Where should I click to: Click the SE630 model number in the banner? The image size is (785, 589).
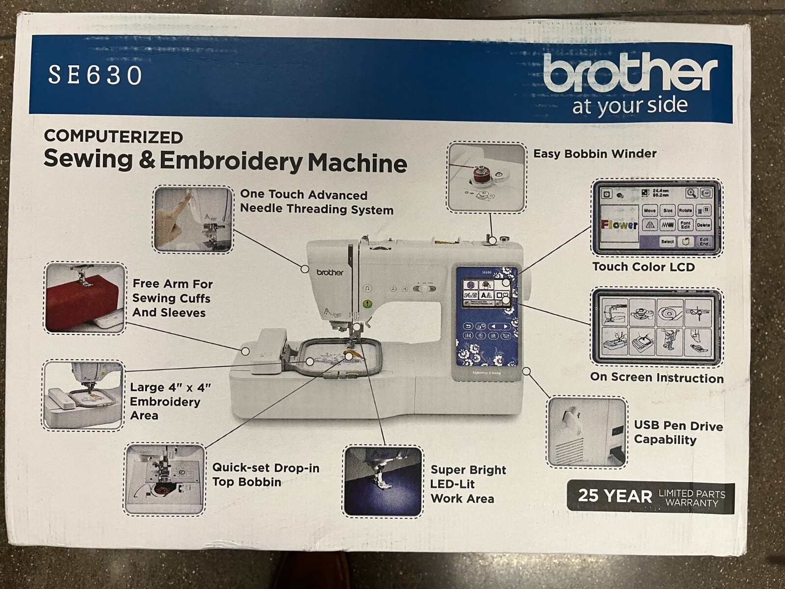pyautogui.click(x=95, y=75)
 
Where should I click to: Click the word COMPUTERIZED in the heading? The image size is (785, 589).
pyautogui.click(x=113, y=136)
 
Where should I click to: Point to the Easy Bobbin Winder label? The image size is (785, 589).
pyautogui.click(x=595, y=154)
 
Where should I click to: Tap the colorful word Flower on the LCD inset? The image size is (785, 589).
pyautogui.click(x=619, y=225)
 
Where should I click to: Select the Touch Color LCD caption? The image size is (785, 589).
pyautogui.click(x=643, y=267)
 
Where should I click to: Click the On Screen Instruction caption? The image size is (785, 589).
pyautogui.click(x=657, y=378)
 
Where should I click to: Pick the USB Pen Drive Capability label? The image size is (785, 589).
pyautogui.click(x=678, y=432)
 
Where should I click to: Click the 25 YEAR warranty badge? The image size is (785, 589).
pyautogui.click(x=651, y=496)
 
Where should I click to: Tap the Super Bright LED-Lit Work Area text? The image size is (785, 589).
pyautogui.click(x=468, y=484)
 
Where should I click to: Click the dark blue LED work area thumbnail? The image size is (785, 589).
pyautogui.click(x=383, y=481)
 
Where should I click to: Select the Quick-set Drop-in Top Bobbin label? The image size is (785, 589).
pyautogui.click(x=265, y=475)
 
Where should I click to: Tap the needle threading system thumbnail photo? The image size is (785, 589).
pyautogui.click(x=193, y=219)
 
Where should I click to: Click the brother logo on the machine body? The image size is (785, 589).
pyautogui.click(x=330, y=272)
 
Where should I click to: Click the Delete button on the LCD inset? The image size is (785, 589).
pyautogui.click(x=703, y=225)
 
